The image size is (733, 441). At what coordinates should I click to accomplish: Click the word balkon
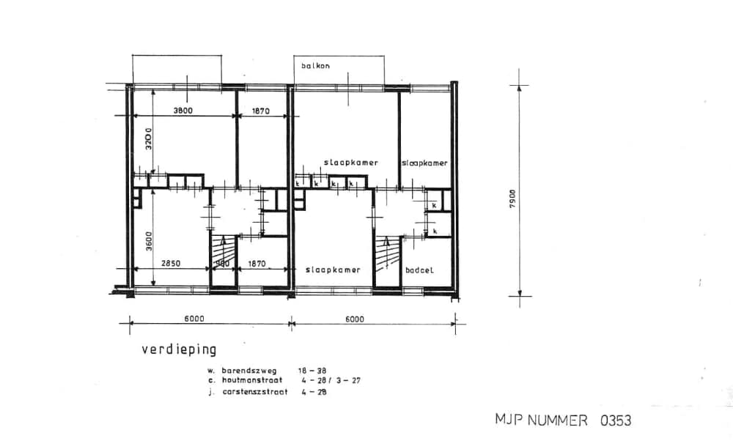tap(316, 66)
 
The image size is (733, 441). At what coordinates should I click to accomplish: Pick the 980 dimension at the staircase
tap(222, 263)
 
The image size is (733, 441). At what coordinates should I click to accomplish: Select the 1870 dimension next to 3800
tap(260, 111)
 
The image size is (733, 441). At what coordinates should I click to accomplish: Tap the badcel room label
tap(419, 270)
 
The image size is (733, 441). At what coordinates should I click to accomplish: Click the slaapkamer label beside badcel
tap(333, 270)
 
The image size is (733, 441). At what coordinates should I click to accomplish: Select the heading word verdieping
tap(179, 349)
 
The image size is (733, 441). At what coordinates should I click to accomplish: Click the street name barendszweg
tap(248, 371)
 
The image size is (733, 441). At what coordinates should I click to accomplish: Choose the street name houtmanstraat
tap(251, 381)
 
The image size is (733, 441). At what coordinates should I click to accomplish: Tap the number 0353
tap(616, 420)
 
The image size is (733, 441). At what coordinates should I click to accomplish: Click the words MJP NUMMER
tap(541, 420)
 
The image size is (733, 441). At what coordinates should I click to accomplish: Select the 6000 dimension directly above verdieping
tap(194, 318)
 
